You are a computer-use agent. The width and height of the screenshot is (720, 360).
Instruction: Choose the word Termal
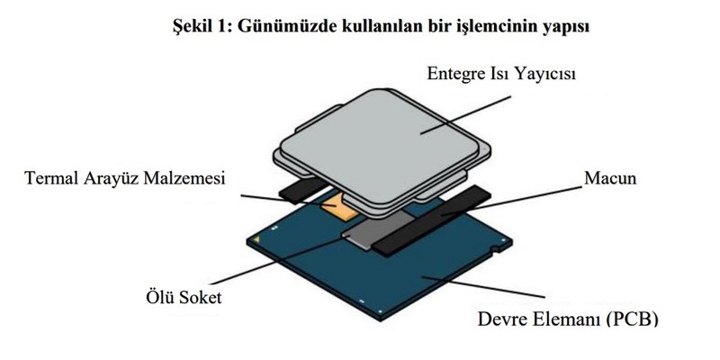pyautogui.click(x=51, y=178)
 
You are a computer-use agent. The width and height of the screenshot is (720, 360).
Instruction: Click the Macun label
pyautogui.click(x=610, y=178)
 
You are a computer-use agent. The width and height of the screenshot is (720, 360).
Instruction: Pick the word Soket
pyautogui.click(x=198, y=297)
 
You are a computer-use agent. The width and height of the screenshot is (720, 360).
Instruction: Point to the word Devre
pyautogui.click(x=501, y=319)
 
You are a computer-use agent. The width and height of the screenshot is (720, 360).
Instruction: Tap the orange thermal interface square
pyautogui.click(x=339, y=208)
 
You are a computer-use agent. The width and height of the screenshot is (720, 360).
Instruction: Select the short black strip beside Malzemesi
pyautogui.click(x=303, y=191)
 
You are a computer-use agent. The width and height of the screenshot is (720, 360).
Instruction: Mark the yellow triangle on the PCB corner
pyautogui.click(x=257, y=239)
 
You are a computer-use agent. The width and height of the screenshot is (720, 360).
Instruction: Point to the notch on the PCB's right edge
pyautogui.click(x=494, y=250)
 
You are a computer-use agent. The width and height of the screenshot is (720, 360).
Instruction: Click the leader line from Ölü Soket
pyautogui.click(x=277, y=261)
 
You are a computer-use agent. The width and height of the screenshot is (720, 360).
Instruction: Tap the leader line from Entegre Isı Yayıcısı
pyautogui.click(x=466, y=115)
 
